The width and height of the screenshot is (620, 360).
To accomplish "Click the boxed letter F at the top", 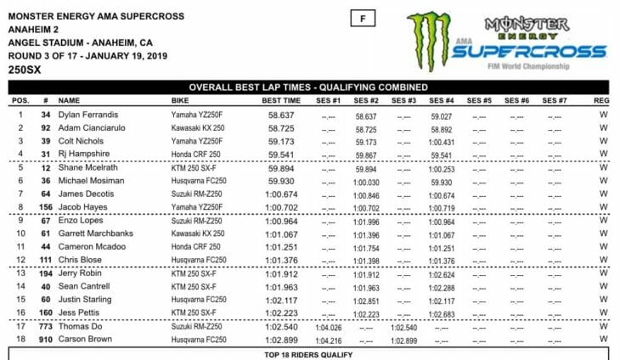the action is click(x=362, y=16).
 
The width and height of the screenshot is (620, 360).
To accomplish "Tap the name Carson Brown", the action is click(x=85, y=340).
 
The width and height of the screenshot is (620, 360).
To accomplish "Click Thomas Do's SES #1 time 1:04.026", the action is click(x=328, y=327).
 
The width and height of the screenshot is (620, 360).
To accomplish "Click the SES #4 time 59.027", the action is click(x=442, y=115).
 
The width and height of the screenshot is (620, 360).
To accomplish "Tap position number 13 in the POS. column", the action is click(x=19, y=274).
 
